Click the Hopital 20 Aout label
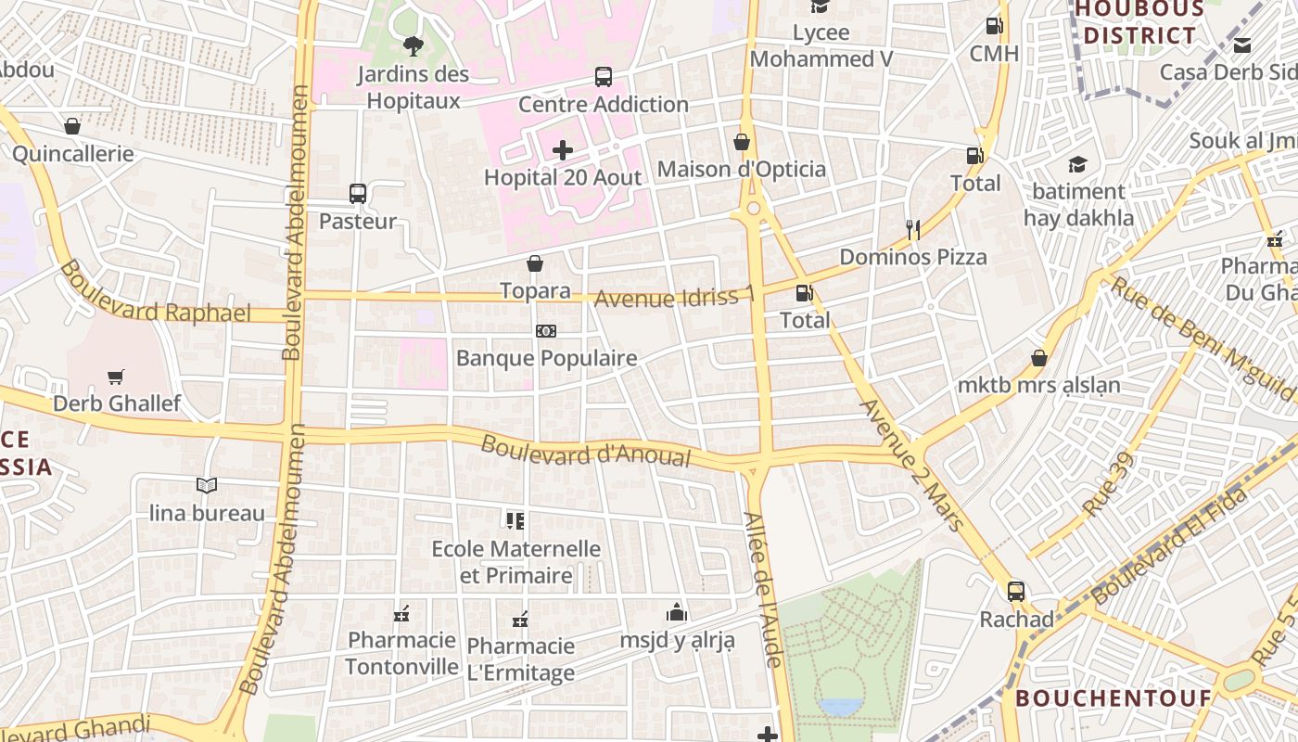tap(563, 177)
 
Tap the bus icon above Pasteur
tap(358, 194)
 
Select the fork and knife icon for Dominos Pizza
tap(913, 229)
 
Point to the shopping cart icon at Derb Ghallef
tap(116, 377)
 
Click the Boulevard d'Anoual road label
tap(586, 452)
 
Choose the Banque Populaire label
tap(546, 358)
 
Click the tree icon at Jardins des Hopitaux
tap(413, 45)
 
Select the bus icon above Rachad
tap(1016, 591)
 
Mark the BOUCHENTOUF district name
tap(1113, 697)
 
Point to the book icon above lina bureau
tap(207, 485)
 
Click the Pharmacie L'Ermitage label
tap(521, 659)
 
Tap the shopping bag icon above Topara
tap(535, 263)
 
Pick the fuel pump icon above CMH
tap(994, 26)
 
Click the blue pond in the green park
tap(840, 707)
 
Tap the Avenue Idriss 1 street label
tap(674, 298)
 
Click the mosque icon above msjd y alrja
tap(677, 612)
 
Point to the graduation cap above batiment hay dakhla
tap(1077, 164)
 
